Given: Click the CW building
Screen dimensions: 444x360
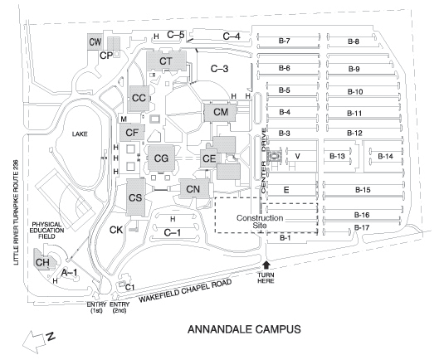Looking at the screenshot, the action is [95, 41].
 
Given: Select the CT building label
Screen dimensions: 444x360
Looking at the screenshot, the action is [166, 61].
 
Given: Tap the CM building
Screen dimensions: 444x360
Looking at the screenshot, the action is [220, 112].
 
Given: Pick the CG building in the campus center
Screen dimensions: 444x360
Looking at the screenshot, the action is [161, 158].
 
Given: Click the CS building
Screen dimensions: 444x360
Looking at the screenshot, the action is [135, 197].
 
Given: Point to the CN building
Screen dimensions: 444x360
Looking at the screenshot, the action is [194, 188].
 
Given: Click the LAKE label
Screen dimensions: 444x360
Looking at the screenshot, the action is [80, 134].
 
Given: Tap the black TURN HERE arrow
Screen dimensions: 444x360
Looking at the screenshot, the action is [266, 265].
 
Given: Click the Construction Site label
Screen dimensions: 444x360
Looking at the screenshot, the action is [260, 221].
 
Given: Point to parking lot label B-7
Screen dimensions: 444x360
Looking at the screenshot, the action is [284, 41].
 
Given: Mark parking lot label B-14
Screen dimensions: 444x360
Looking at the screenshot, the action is [385, 156].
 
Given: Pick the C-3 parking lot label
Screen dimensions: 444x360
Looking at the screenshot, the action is [219, 69].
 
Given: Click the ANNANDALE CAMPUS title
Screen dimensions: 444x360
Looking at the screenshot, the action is [244, 329].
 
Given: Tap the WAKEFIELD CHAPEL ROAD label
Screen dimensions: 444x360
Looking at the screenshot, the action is [185, 290].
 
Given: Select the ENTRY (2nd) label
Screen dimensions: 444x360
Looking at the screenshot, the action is [120, 308].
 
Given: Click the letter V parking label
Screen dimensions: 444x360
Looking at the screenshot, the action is [297, 156].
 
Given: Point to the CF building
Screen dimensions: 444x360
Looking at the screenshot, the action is [132, 133].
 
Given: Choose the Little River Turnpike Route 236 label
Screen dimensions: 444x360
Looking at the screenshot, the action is [16, 212].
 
